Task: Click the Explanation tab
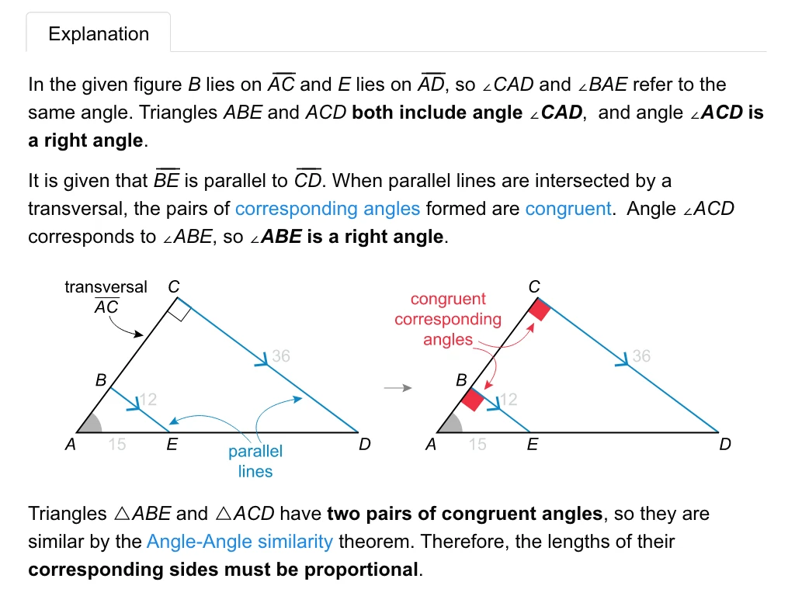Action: [99, 34]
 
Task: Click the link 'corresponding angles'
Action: [327, 209]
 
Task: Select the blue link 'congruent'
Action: [568, 209]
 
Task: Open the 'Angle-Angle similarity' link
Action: [239, 542]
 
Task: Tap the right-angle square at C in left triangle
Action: [178, 312]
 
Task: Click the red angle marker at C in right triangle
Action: [539, 310]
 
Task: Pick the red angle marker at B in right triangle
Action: [473, 400]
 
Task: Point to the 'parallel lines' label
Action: [255, 461]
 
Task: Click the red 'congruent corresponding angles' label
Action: [448, 319]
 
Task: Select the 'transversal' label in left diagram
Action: [106, 287]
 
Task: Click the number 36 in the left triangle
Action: [280, 356]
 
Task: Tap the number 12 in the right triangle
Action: [508, 400]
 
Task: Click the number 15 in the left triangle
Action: [117, 445]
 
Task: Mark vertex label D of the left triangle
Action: [365, 445]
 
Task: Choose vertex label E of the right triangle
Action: [533, 445]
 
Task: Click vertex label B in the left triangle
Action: [101, 381]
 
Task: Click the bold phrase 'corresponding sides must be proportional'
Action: [224, 570]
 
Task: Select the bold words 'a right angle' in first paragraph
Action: [85, 140]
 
